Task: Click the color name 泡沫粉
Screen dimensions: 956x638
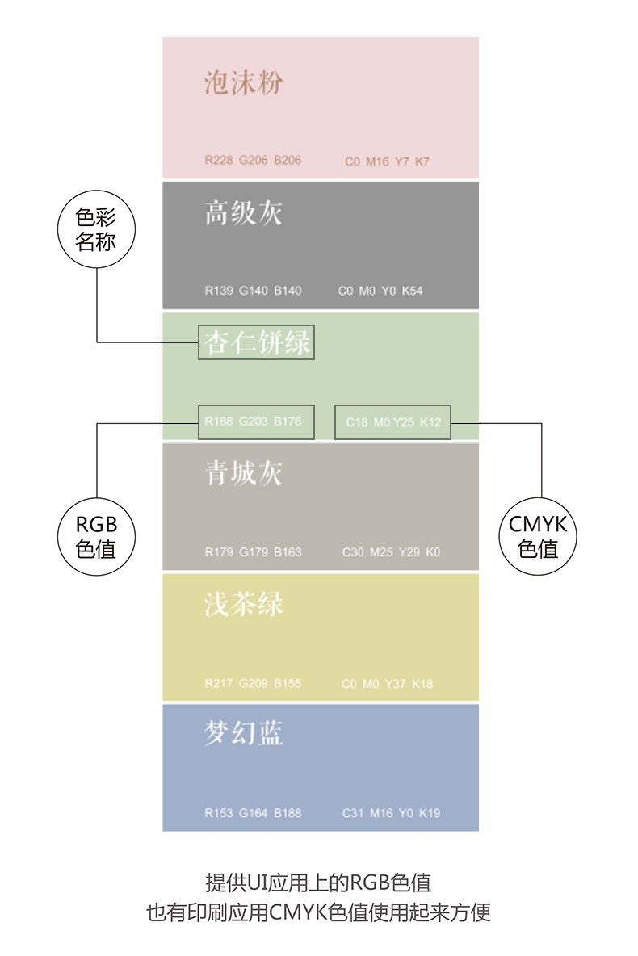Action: (x=243, y=83)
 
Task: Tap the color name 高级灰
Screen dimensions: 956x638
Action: (x=243, y=213)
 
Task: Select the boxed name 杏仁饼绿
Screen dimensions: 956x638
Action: (x=256, y=343)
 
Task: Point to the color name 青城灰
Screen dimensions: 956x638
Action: (x=243, y=473)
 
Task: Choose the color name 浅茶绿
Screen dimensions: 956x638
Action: (x=243, y=603)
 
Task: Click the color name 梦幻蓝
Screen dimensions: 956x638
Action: (x=243, y=733)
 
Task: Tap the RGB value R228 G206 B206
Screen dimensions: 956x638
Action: (x=253, y=160)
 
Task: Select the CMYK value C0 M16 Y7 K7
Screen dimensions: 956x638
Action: (x=387, y=161)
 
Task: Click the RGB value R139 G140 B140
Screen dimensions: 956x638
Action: (x=253, y=291)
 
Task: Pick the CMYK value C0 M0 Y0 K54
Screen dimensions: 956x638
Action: (x=380, y=291)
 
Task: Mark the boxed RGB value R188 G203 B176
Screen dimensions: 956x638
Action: (x=256, y=421)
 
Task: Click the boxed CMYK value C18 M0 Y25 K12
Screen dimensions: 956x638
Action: (x=393, y=421)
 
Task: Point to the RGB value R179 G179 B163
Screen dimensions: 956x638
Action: (x=253, y=552)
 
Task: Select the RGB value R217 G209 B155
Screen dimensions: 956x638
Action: (x=253, y=683)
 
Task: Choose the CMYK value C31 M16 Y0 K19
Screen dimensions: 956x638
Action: (x=391, y=813)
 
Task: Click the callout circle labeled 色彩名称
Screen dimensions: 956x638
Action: (x=96, y=229)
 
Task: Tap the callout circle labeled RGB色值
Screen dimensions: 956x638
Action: (x=96, y=537)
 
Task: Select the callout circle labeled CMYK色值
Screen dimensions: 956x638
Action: (x=539, y=537)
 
